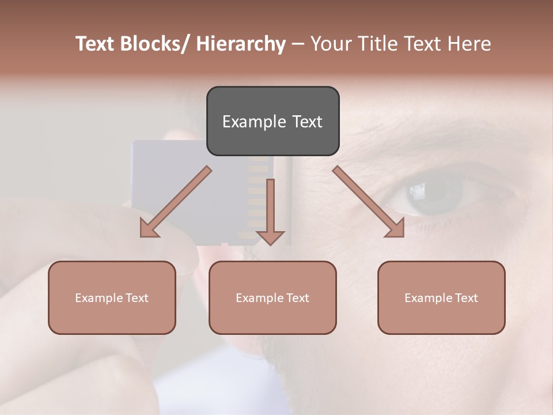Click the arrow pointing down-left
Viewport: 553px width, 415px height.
[x=176, y=202]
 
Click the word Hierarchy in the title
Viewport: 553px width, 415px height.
[x=241, y=44]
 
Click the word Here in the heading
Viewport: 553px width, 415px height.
[x=468, y=44]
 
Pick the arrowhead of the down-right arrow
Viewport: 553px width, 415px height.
[x=395, y=228]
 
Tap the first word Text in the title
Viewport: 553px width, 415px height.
[x=97, y=44]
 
